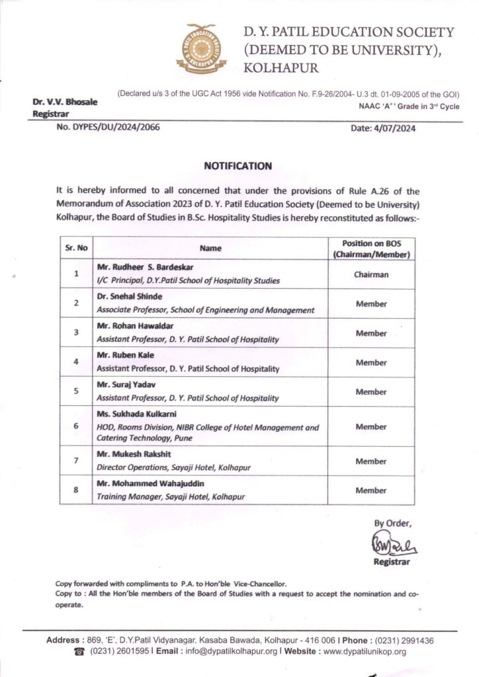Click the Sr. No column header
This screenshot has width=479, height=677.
[76, 249]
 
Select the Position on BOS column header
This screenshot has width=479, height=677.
[370, 249]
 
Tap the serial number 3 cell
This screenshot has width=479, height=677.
[77, 333]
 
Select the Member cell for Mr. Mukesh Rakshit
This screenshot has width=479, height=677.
[370, 461]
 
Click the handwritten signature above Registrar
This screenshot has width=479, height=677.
[391, 546]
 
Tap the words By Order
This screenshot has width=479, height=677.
[393, 524]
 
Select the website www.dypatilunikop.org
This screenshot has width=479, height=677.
[365, 651]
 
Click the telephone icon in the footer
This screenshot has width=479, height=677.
[79, 651]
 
